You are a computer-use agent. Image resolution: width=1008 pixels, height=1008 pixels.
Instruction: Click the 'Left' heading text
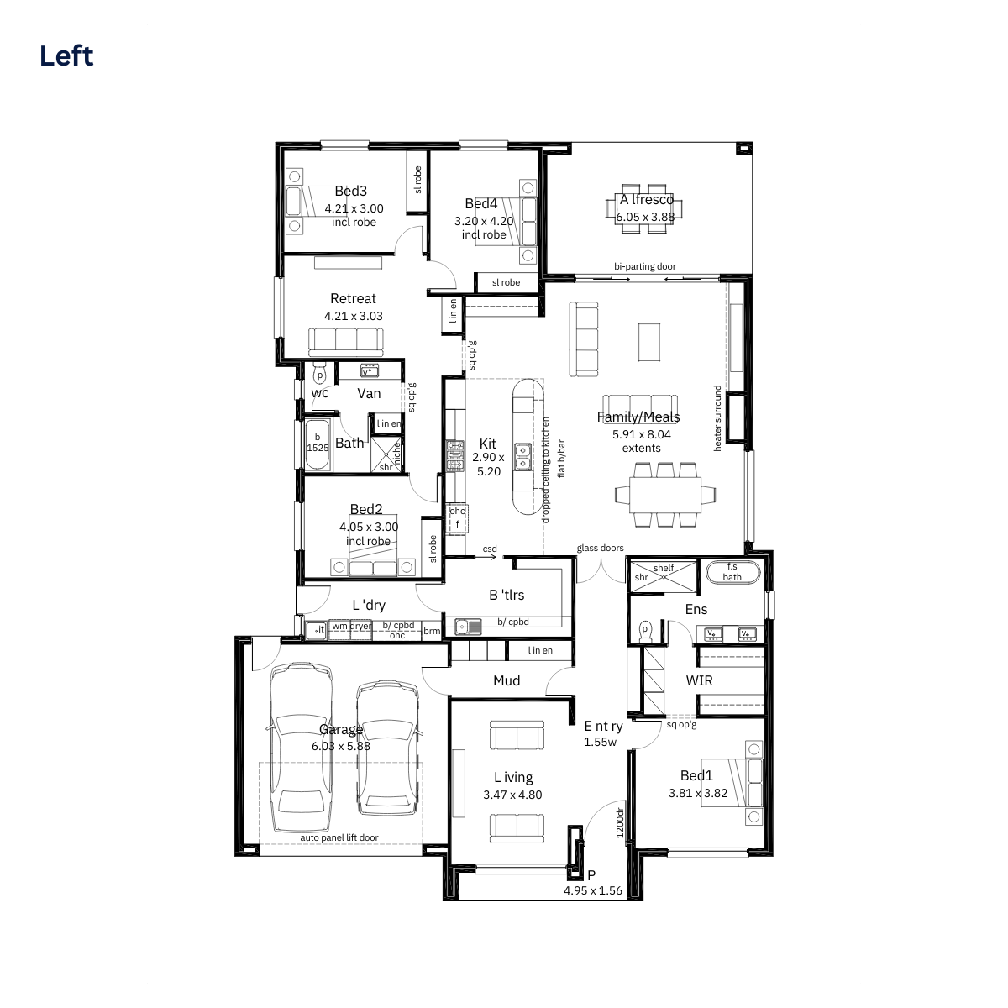pos(66,56)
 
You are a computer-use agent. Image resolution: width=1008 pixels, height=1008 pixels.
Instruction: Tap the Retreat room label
pos(353,299)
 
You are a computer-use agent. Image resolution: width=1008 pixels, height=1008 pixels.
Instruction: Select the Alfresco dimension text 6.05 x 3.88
pos(645,217)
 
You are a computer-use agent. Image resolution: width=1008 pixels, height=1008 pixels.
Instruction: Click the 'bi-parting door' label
pos(645,266)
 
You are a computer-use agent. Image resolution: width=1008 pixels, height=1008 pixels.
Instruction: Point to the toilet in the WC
pos(319,375)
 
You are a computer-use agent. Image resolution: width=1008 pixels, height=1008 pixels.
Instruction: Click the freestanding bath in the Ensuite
pos(732,572)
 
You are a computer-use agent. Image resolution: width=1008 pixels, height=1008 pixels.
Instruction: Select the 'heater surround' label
pos(717,418)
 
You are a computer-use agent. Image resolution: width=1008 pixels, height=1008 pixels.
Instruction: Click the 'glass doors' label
pos(600,548)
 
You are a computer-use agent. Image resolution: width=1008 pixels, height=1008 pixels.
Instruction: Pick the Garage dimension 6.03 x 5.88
pos(341,746)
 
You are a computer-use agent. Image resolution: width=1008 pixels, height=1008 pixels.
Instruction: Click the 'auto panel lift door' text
pos(339,837)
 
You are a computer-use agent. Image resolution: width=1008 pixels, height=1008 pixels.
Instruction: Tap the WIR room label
pos(700,680)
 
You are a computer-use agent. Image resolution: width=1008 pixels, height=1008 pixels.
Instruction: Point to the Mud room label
pos(507,680)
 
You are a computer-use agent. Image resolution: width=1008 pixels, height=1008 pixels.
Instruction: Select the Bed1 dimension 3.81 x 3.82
pos(698,793)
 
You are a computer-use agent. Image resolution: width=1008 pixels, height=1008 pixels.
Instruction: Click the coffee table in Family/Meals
pos(649,342)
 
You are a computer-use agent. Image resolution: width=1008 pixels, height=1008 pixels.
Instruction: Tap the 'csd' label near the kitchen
pos(490,549)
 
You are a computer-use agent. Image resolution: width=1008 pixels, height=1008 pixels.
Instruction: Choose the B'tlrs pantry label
pos(507,595)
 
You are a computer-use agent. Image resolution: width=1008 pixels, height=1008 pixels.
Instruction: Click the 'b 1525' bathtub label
pos(318,443)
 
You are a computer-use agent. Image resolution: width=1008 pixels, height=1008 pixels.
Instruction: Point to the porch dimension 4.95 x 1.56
pos(593,891)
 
